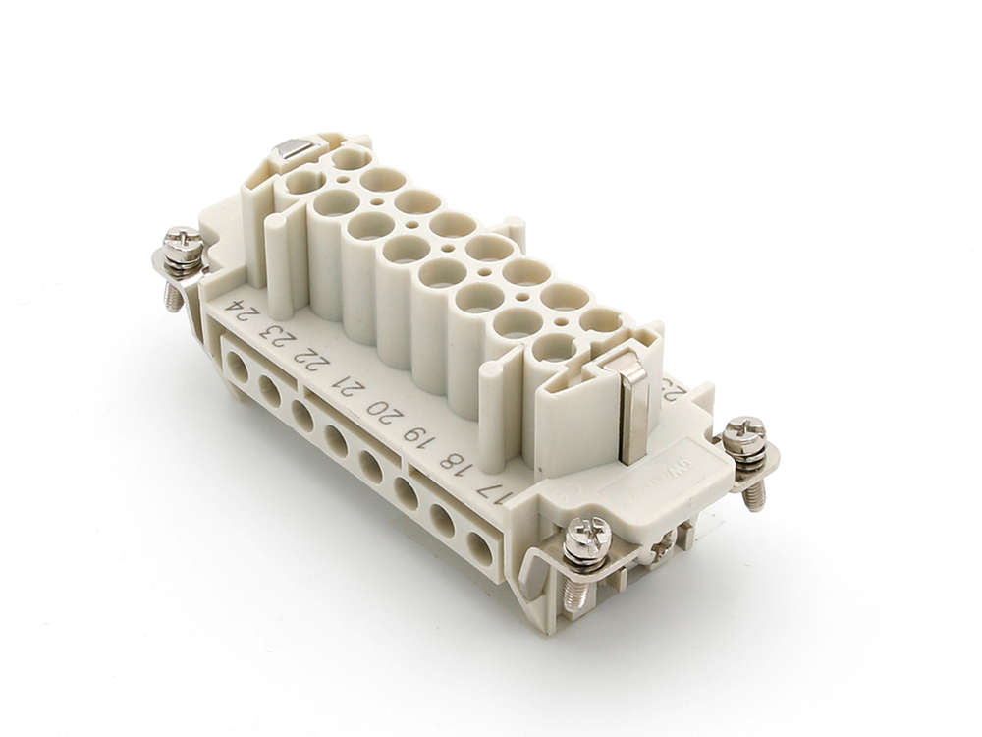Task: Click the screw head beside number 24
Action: tap(182, 241)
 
